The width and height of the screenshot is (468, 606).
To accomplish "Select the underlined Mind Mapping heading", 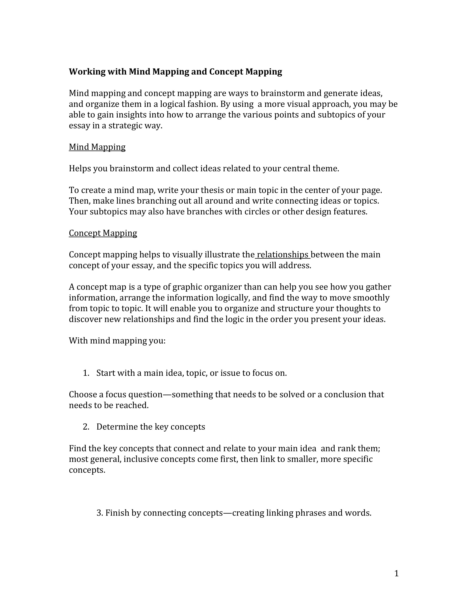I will tap(97, 147).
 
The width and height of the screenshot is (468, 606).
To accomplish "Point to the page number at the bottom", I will tap(396, 573).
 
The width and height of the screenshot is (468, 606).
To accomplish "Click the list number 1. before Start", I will tap(86, 373).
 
